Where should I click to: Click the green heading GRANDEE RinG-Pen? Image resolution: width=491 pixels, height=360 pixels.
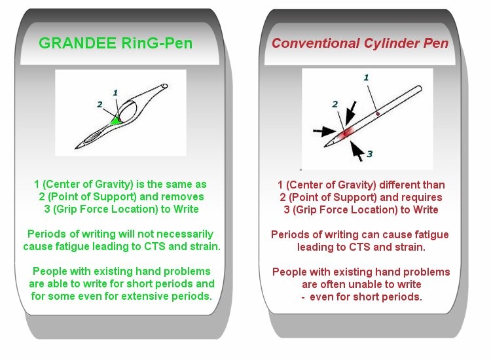coord(115,43)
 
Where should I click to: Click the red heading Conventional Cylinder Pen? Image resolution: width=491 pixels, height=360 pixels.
coord(360,43)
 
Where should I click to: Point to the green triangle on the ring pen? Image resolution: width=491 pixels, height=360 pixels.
coord(116,121)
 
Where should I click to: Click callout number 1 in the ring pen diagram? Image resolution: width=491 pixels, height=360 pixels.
coord(115,93)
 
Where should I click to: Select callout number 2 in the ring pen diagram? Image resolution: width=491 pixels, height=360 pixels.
coord(100,104)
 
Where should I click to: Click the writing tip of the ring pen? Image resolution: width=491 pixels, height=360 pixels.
coord(75,149)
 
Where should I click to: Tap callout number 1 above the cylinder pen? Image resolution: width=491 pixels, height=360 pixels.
coord(366,77)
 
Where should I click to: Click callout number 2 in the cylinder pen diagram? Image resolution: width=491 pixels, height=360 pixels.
coord(335,104)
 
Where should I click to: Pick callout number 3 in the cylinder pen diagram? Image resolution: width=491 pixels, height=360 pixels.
coord(369,154)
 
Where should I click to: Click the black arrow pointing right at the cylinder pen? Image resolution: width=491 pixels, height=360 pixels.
coord(325,131)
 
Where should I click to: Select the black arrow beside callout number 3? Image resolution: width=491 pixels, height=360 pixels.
coord(357,151)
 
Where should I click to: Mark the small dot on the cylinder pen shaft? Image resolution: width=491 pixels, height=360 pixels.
coord(378,114)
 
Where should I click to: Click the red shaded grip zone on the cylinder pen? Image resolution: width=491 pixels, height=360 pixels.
coord(346,133)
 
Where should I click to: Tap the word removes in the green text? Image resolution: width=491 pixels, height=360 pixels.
coord(187,196)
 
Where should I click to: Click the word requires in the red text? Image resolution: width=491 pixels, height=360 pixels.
coord(426,197)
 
